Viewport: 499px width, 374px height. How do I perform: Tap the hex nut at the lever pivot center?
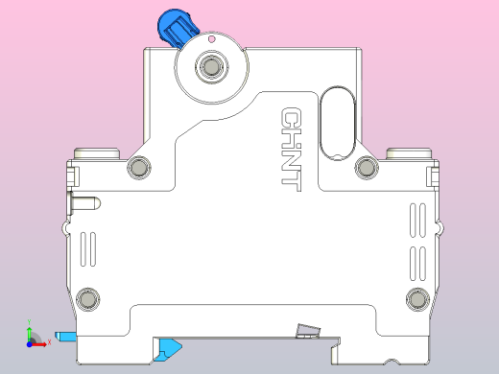210,66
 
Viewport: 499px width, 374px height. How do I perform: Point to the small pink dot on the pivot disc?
212,39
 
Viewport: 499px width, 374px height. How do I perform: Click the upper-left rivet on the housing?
140,168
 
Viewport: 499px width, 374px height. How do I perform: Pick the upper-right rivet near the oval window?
366,168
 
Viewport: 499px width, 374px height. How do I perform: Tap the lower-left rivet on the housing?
88,297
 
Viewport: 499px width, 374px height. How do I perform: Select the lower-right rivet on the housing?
417,297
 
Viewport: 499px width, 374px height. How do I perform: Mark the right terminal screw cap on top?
407,152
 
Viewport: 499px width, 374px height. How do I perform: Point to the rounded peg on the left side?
83,204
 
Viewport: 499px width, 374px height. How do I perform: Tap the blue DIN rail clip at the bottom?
169,346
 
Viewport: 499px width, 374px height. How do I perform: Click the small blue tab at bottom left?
65,336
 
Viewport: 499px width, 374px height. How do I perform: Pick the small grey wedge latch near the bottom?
306,331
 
